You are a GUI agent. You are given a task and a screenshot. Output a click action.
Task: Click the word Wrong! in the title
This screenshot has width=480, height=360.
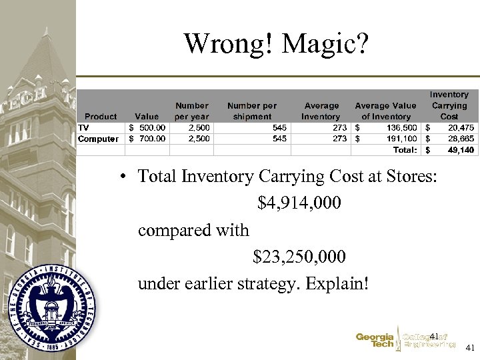[x=229, y=44]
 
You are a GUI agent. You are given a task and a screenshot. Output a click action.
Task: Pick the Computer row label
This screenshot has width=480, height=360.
[x=99, y=139]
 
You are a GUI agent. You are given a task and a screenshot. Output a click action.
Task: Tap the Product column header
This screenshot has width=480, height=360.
[x=101, y=116]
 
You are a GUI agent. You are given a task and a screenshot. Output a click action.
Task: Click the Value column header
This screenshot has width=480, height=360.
[x=147, y=116]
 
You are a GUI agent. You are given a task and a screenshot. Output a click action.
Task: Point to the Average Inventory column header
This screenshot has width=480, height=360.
[x=321, y=111]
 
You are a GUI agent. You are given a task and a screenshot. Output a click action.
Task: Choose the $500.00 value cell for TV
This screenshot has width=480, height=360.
[x=147, y=127]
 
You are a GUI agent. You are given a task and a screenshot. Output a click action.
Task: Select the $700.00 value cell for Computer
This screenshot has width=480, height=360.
[x=147, y=139]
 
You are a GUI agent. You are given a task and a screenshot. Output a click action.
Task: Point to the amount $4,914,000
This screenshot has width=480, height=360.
[x=299, y=203]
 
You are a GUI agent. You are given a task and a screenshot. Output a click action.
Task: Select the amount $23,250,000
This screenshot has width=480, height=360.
[x=299, y=257]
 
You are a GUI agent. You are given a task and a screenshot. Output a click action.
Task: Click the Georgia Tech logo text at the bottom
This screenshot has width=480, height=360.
[x=375, y=341]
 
